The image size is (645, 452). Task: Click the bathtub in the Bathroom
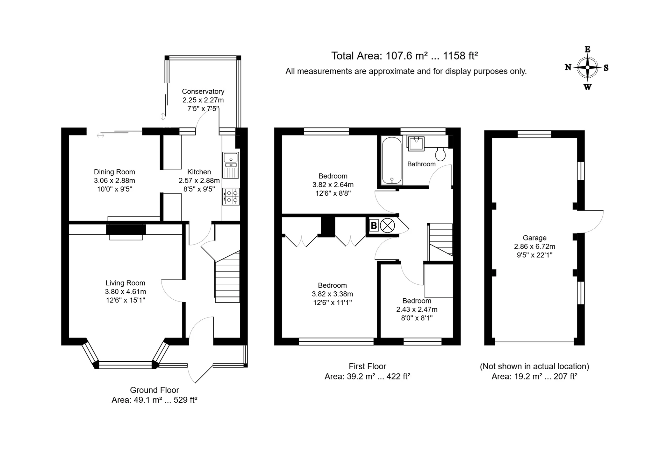[391, 160]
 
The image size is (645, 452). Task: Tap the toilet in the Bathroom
[441, 154]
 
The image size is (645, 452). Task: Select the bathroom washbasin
[416, 143]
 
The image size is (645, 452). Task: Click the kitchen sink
[231, 165]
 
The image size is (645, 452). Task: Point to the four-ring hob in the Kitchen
[231, 197]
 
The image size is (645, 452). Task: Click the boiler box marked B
[374, 226]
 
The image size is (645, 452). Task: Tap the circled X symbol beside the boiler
[387, 226]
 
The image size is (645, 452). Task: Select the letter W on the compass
[587, 87]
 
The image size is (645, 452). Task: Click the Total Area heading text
[404, 56]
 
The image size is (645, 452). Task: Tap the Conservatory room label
[203, 92]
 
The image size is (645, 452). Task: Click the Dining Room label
[114, 172]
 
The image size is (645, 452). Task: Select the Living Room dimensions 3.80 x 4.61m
[125, 292]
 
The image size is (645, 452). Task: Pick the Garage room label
[534, 238]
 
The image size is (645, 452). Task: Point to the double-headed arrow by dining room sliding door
[100, 136]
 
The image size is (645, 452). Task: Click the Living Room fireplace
[126, 232]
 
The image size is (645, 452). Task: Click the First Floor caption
[367, 366]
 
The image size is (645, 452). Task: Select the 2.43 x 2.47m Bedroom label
[417, 309]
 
